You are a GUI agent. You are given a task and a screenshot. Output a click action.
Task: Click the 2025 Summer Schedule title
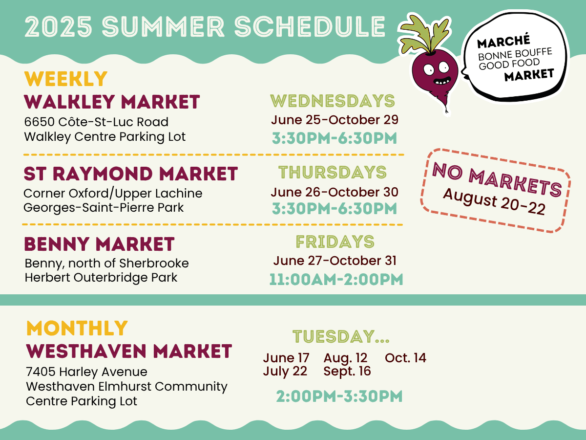point(205,26)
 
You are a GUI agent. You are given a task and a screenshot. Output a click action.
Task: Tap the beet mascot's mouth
point(442,80)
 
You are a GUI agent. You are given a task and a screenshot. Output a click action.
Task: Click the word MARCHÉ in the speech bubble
point(503,42)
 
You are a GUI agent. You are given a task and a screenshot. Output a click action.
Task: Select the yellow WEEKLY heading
point(65,79)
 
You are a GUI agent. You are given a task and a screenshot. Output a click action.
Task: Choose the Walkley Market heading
point(112,102)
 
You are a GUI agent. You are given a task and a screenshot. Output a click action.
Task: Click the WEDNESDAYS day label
point(333,101)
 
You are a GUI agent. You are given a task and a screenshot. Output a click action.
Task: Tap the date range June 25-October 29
point(335,120)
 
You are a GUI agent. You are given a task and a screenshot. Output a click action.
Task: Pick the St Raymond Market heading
point(130,174)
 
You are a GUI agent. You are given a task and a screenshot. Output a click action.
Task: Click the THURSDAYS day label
point(333,172)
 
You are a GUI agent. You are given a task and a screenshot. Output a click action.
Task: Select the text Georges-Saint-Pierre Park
point(104,208)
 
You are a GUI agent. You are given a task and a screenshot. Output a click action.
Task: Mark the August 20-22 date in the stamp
point(494,202)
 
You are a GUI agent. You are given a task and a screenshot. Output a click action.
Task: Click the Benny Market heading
point(99,244)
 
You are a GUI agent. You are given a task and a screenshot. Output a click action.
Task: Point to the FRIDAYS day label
point(335,242)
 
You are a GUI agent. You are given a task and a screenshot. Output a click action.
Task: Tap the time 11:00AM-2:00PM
point(336,280)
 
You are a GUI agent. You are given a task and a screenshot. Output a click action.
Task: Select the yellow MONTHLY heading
point(77,328)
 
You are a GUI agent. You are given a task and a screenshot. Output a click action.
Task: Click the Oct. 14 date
point(405,358)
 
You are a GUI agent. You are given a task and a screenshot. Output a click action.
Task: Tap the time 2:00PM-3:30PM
point(339,396)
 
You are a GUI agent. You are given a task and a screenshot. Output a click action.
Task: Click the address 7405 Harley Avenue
point(86,372)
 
